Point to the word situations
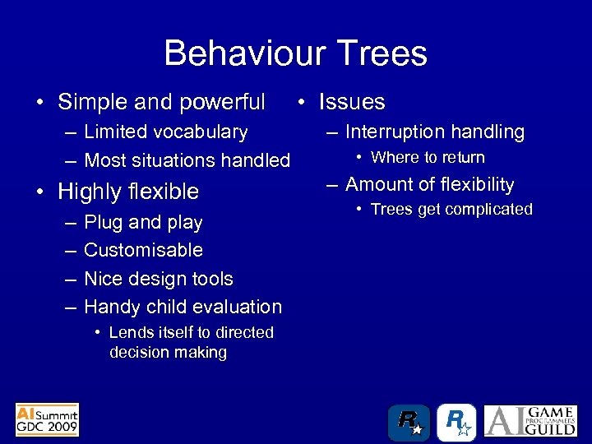[x=169, y=160]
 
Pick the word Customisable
[x=143, y=250]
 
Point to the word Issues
[x=352, y=102]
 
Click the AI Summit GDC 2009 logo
[x=47, y=419]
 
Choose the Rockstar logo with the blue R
[x=456, y=423]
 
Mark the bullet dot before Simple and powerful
[x=39, y=103]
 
